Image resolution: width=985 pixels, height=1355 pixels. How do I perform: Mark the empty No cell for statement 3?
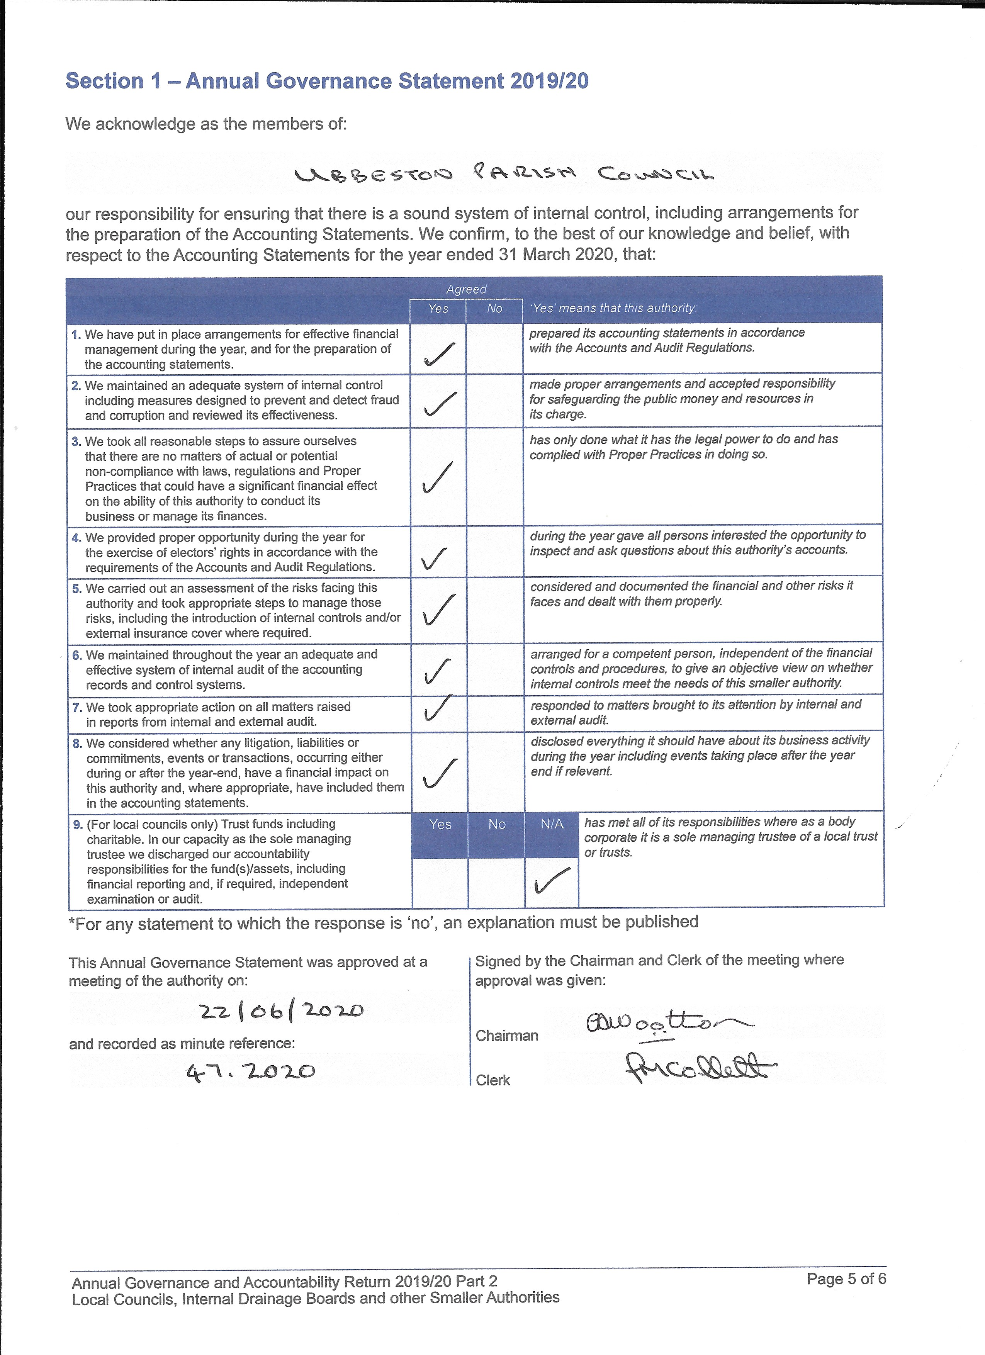tap(494, 477)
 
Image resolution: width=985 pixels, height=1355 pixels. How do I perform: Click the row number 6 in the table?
tap(77, 655)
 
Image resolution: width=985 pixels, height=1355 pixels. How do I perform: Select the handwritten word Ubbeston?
tap(373, 175)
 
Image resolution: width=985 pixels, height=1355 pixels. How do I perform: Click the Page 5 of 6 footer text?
tap(846, 1279)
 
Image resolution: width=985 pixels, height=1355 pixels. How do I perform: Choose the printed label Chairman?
tap(506, 1035)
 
